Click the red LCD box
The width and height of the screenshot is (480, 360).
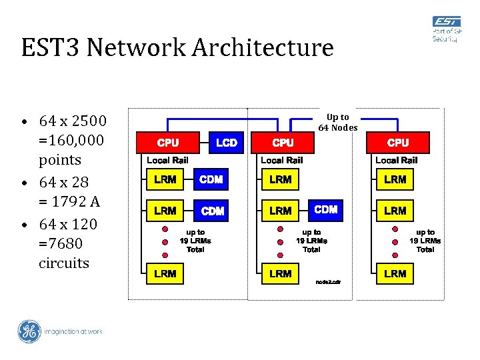(x=227, y=143)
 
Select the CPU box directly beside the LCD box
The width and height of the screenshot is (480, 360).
(x=167, y=143)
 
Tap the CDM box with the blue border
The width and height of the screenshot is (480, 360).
(x=326, y=209)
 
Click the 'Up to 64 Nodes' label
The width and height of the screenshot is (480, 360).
(x=338, y=123)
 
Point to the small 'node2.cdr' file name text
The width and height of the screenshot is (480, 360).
(x=328, y=282)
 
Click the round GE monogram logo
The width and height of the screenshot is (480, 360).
(x=29, y=331)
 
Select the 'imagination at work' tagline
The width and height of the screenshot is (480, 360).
(x=73, y=331)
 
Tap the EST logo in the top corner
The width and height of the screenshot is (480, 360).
(x=446, y=30)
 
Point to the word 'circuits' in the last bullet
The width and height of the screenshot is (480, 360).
(x=64, y=263)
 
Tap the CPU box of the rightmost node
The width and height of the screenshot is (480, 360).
(x=398, y=143)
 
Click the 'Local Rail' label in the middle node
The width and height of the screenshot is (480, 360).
(x=282, y=160)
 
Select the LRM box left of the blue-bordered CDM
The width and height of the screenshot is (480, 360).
(x=281, y=211)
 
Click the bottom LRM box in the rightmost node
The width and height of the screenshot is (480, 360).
(x=395, y=273)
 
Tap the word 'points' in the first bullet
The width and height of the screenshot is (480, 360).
(x=60, y=160)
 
